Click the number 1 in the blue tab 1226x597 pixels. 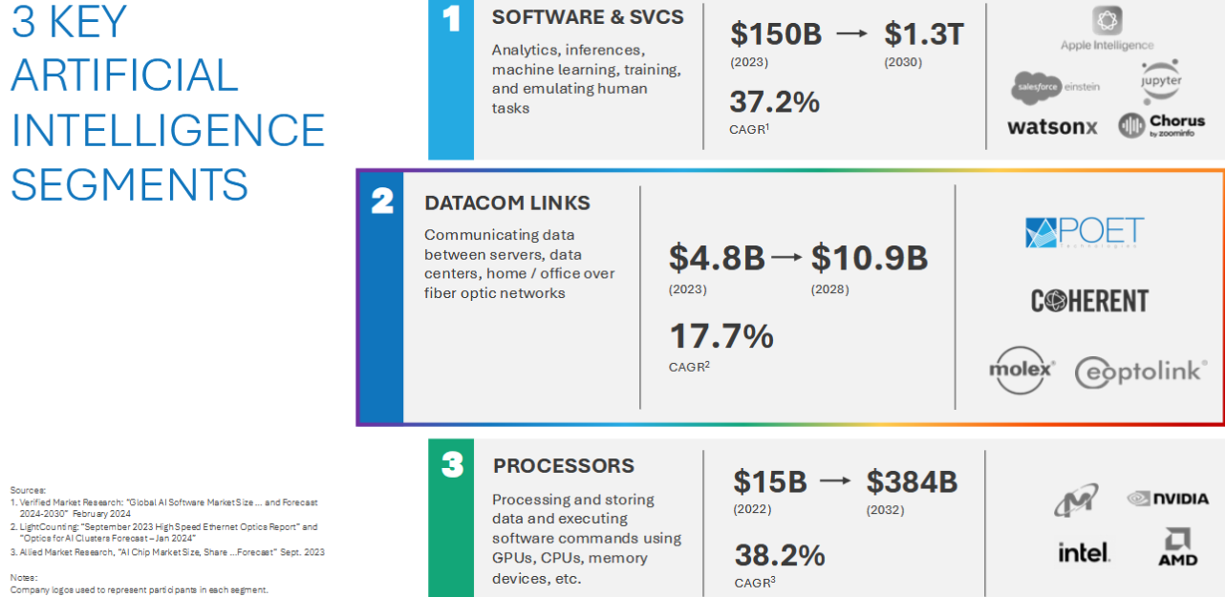click(451, 21)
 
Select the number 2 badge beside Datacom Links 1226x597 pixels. click(381, 202)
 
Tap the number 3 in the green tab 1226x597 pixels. click(452, 466)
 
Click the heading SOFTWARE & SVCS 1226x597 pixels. click(588, 18)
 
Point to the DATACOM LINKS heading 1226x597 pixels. click(507, 203)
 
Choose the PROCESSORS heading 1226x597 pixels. click(564, 466)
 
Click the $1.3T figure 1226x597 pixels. click(924, 34)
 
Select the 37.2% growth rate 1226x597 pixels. click(774, 102)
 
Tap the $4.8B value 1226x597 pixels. click(717, 258)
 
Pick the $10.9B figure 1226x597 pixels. click(870, 258)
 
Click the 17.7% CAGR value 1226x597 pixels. click(721, 336)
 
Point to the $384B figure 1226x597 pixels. click(912, 481)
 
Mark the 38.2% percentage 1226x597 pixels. click(779, 555)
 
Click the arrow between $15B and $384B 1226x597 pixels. click(835, 481)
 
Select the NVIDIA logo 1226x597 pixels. click(1167, 498)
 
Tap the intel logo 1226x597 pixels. click(1084, 552)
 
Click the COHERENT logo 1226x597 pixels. click(1089, 301)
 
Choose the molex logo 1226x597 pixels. click(1022, 369)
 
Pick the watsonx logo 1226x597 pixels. click(1052, 127)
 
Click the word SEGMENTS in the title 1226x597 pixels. click(129, 184)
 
